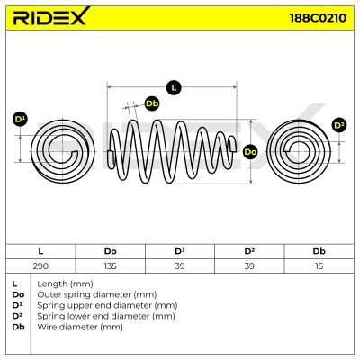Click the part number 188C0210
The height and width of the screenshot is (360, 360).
tap(318, 18)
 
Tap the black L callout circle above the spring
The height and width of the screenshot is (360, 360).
tap(174, 87)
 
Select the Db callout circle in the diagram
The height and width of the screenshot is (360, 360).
tap(152, 103)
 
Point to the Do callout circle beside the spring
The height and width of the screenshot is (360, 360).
tap(250, 152)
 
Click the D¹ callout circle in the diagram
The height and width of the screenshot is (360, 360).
tap(20, 120)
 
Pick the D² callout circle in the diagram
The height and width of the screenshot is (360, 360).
tap(339, 125)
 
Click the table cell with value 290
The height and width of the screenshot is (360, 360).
tap(40, 266)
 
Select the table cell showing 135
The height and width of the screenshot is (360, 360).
tap(111, 266)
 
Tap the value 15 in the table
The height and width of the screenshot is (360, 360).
tap(319, 266)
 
